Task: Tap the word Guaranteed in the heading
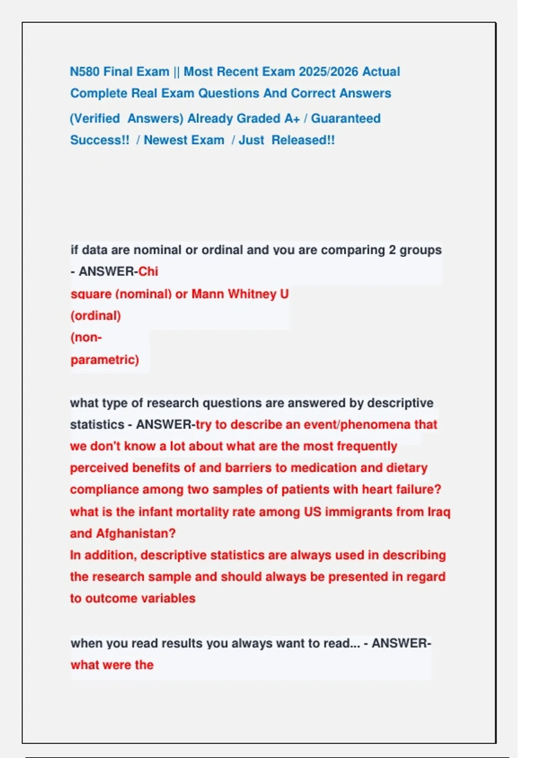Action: point(346,119)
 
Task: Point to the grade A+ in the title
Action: point(292,119)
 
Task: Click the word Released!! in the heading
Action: point(303,140)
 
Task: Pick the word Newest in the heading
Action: point(163,140)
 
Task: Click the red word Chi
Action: point(148,272)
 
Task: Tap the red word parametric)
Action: point(105,360)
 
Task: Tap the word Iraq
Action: point(439,512)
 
